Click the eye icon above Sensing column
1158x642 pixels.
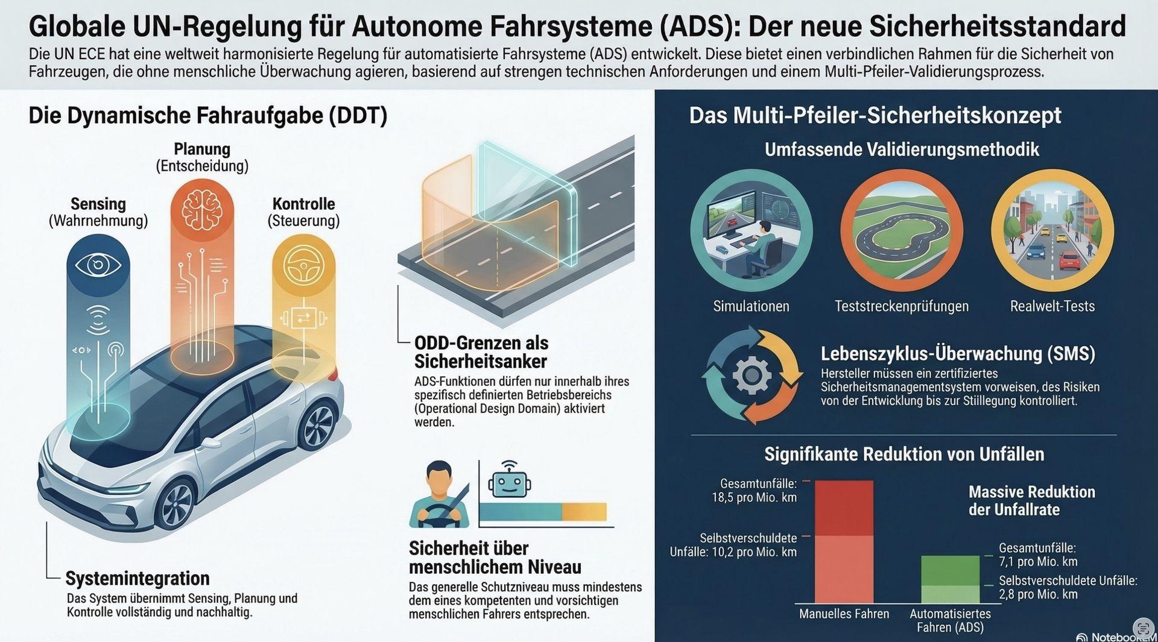click(x=98, y=265)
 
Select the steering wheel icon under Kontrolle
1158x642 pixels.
click(x=303, y=265)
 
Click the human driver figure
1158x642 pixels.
click(x=439, y=494)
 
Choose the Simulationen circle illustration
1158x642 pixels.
click(x=751, y=231)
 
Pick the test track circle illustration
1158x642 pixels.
click(x=902, y=231)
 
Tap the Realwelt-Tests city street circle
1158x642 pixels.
click(x=1052, y=231)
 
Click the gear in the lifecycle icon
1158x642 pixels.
click(x=751, y=375)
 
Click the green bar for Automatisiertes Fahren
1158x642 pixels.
click(x=950, y=579)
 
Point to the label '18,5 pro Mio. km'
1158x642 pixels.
click(x=754, y=498)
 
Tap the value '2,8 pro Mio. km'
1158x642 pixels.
click(x=1038, y=594)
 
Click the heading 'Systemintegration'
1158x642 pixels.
click(x=138, y=578)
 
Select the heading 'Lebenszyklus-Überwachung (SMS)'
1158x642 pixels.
click(x=958, y=353)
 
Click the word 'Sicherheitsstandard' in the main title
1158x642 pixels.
click(x=998, y=27)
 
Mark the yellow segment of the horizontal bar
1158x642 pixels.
click(x=584, y=512)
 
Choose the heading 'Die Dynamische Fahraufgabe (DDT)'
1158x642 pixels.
click(x=208, y=116)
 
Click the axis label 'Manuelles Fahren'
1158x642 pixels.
click(x=844, y=614)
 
